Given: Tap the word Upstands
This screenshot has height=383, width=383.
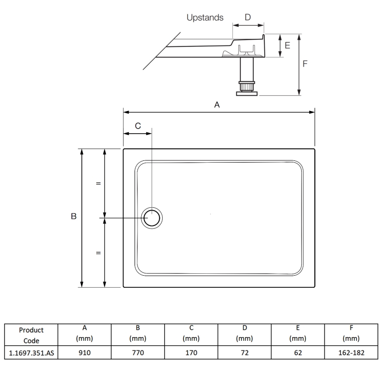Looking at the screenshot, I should coord(205,18).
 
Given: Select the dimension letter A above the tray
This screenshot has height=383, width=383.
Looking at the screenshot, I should coord(217,105).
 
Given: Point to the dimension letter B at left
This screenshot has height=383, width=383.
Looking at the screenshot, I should coord(74,216).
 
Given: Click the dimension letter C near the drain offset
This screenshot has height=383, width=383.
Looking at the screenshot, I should coord(138,126).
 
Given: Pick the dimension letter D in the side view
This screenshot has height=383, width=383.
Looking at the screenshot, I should coord(248,17).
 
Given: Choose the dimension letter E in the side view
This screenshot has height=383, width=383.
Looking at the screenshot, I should coord(287,45).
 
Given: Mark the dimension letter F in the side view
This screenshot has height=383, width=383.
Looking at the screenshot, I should coord(305,63).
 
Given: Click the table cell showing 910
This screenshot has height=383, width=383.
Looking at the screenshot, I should coord(84,353).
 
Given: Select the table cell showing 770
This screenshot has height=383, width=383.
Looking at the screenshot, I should coord(137,353).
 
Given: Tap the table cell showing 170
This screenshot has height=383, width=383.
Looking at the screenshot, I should coord(191,353).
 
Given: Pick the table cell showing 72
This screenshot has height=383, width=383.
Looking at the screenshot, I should coord(244,353).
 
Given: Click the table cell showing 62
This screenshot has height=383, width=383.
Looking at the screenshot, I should coord(297,353).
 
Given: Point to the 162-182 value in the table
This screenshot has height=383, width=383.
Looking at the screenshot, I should coord(351,353).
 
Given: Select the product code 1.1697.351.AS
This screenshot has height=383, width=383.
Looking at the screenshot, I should coord(31,353).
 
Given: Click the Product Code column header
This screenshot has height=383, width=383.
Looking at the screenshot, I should coord(31,335).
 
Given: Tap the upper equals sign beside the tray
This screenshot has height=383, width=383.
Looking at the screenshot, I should coord(98,183).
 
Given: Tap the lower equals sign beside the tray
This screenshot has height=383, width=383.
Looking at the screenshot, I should coord(98,253).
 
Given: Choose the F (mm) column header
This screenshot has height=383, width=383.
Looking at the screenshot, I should coord(351,333).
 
